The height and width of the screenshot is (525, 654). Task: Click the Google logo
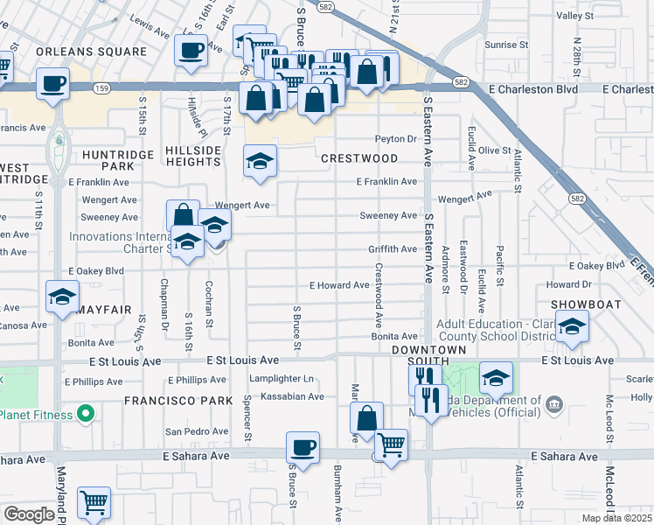point(29,514)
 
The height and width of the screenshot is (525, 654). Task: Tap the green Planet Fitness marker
point(85,412)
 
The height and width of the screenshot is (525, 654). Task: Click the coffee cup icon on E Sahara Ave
point(303,448)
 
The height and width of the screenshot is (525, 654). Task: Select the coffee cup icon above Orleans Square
point(190,50)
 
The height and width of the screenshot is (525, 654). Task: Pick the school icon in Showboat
point(573,327)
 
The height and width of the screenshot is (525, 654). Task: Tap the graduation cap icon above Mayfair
point(62,297)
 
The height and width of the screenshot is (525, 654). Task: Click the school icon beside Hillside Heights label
point(260,161)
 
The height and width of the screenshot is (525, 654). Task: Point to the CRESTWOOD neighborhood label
point(358,158)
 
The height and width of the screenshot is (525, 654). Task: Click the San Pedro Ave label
point(197,430)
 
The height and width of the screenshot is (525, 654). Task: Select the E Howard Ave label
point(339,285)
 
